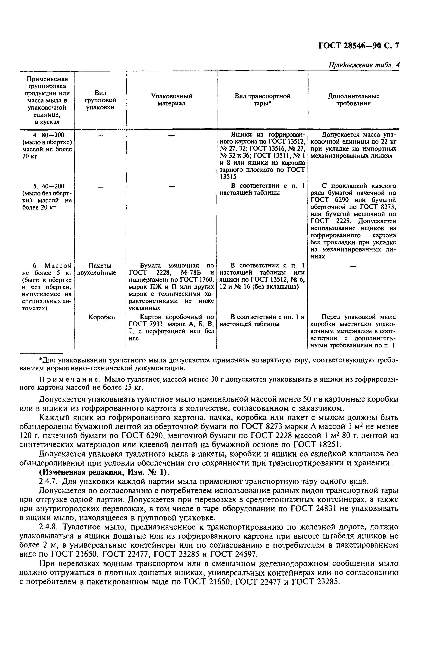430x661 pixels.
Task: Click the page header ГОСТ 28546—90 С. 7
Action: click(358, 46)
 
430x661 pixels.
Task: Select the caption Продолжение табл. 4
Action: click(364, 65)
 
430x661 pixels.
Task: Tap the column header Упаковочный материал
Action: click(171, 100)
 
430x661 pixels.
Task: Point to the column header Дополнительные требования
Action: click(353, 100)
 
